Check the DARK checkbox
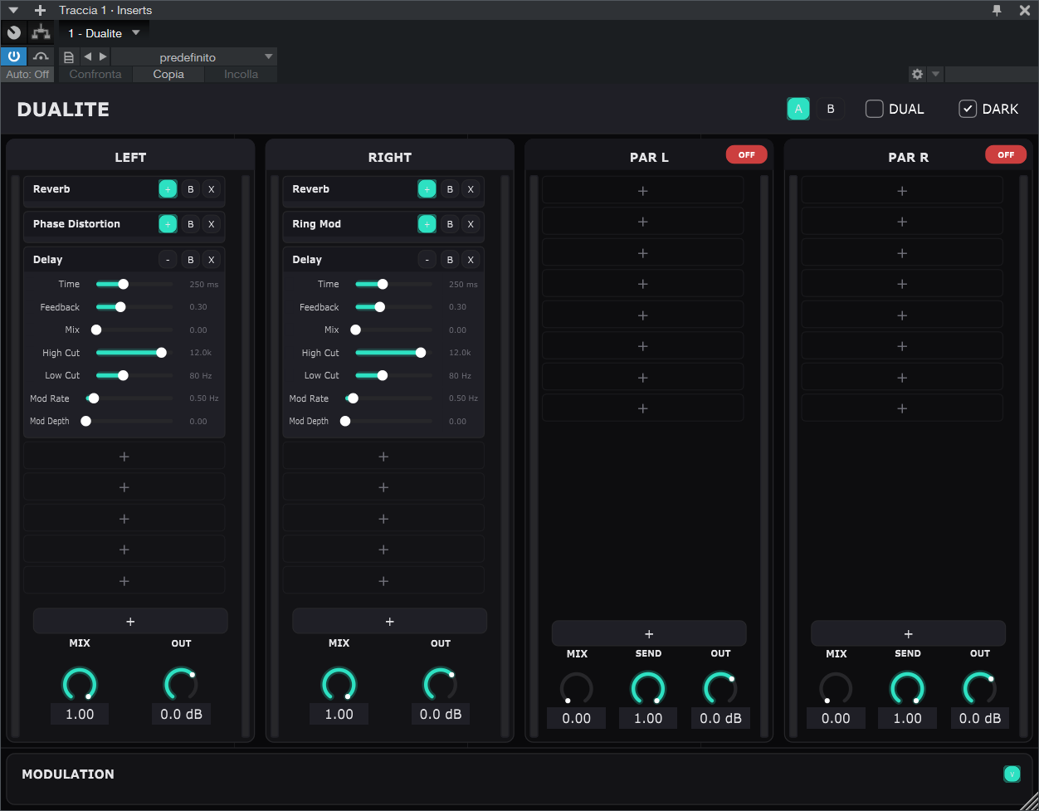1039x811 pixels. [x=968, y=109]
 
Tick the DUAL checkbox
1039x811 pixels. [x=875, y=109]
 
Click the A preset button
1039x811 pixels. [x=798, y=109]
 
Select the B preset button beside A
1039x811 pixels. [x=830, y=109]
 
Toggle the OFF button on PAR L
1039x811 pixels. [x=746, y=154]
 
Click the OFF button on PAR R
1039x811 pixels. [x=1005, y=154]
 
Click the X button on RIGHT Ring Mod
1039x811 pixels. [x=471, y=224]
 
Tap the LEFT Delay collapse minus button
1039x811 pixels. [x=168, y=260]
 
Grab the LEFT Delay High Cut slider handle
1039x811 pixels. [x=161, y=353]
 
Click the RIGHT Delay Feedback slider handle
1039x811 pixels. [x=379, y=307]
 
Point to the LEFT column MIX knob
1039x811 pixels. [x=80, y=684]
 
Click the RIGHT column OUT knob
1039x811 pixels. [x=440, y=684]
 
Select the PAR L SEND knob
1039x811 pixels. [x=648, y=689]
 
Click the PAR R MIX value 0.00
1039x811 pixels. [x=836, y=718]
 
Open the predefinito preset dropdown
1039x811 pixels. [x=193, y=57]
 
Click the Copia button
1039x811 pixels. [x=168, y=74]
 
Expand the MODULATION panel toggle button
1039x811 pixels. [x=1012, y=774]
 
